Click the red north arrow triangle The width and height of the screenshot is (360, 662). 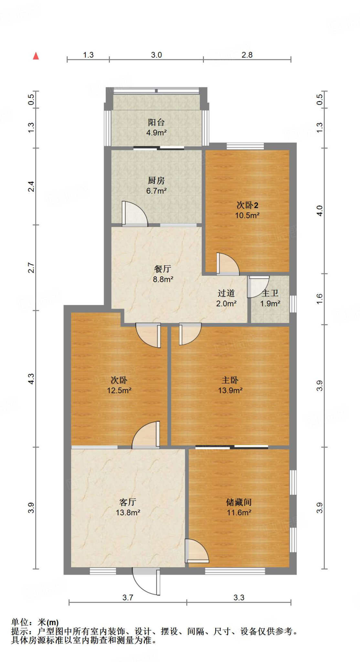pyautogui.click(x=36, y=56)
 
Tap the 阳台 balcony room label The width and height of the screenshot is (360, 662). pyautogui.click(x=156, y=122)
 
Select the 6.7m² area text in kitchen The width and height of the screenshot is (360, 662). pyautogui.click(x=156, y=191)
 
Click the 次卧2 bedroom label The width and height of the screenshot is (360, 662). pyautogui.click(x=247, y=205)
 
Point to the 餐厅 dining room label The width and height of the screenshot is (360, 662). pyautogui.click(x=163, y=269)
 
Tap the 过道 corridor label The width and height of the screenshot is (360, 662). pyautogui.click(x=226, y=293)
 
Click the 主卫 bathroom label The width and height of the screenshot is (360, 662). pyautogui.click(x=270, y=293)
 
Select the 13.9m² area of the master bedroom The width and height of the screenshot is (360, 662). pyautogui.click(x=230, y=390)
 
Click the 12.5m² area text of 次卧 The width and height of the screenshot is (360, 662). pyautogui.click(x=119, y=390)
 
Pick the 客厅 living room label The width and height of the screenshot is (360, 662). pyautogui.click(x=128, y=502)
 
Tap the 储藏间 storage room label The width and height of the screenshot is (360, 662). pyautogui.click(x=239, y=502)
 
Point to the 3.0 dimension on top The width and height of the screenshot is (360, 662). pyautogui.click(x=156, y=55)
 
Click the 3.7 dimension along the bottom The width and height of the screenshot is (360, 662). pyautogui.click(x=128, y=597)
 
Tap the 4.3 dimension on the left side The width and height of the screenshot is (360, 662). pyautogui.click(x=31, y=379)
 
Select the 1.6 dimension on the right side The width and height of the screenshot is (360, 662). pyautogui.click(x=319, y=298)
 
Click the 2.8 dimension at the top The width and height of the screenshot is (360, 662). pyautogui.click(x=247, y=55)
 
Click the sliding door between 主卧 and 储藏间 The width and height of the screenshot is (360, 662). pyautogui.click(x=232, y=447)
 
